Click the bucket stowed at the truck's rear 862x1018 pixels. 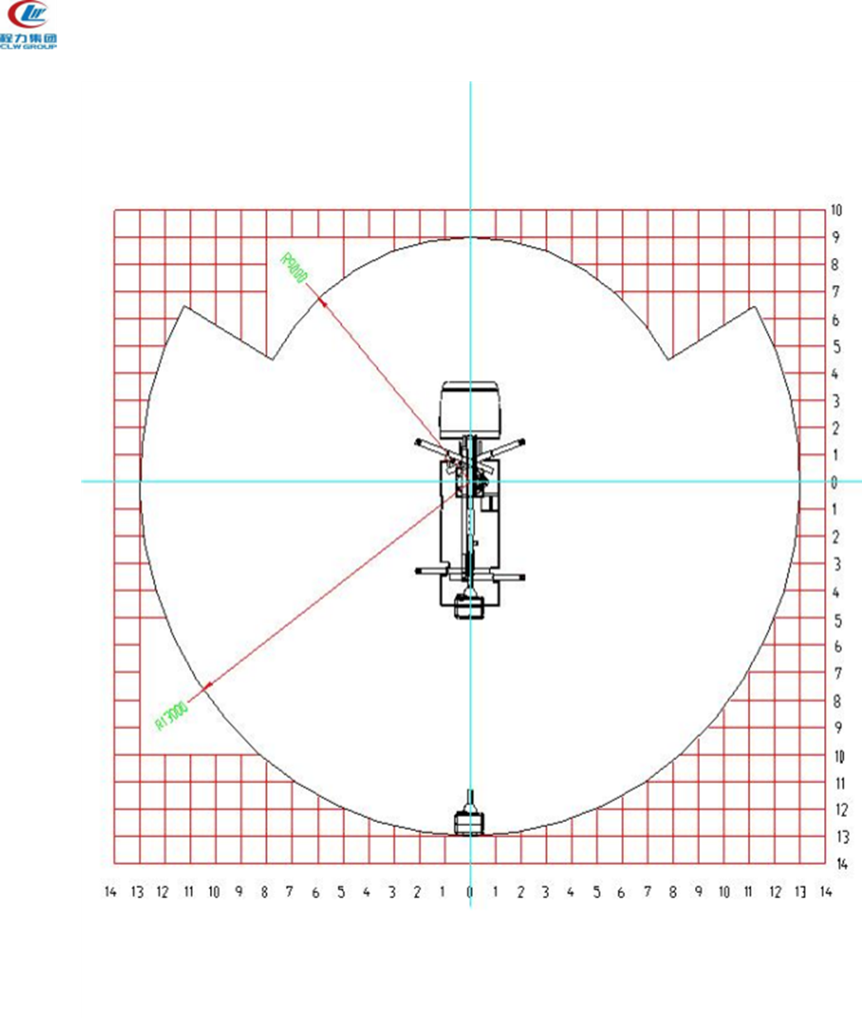coord(469,608)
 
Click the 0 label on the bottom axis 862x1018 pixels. coord(469,892)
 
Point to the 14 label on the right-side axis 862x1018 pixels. coord(841,863)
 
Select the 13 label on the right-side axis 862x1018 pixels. coord(841,837)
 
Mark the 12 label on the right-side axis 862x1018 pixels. coord(841,810)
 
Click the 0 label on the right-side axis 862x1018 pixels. coord(836,482)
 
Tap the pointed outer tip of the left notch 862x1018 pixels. coord(183,307)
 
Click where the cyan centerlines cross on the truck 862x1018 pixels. coord(470,480)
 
